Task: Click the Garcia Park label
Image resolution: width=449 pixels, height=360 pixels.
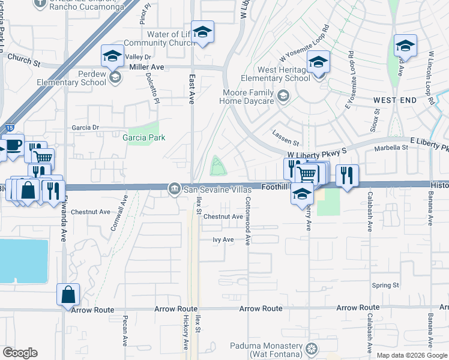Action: click(x=144, y=137)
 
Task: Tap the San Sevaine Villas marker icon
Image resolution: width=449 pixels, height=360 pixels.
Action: click(x=175, y=189)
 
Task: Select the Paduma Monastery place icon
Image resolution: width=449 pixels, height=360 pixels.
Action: click(x=311, y=349)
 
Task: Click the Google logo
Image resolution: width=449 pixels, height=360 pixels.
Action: click(x=19, y=353)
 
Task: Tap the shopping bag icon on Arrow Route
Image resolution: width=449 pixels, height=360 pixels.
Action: click(x=68, y=295)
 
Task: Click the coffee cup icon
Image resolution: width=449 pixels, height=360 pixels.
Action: click(x=12, y=146)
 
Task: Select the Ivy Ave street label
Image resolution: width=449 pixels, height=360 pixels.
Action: click(x=223, y=239)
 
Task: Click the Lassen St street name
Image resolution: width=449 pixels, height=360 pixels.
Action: click(x=285, y=142)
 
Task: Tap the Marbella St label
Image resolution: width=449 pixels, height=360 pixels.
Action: click(x=391, y=148)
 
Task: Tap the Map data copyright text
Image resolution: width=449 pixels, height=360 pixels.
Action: click(x=411, y=355)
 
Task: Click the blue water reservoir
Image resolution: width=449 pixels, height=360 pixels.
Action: click(x=23, y=261)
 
